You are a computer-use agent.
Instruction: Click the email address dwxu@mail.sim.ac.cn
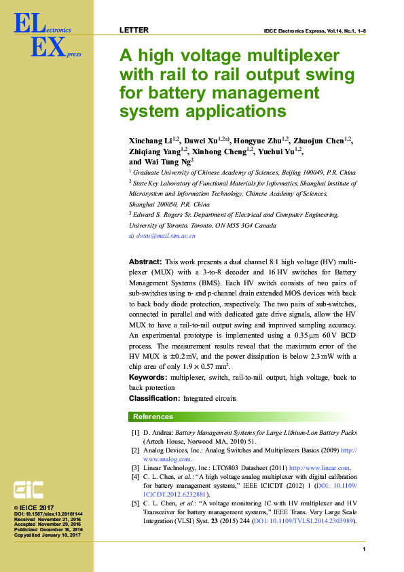(x=166, y=235)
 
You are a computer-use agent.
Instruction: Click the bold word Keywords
(x=149, y=376)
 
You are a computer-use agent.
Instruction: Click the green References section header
(x=153, y=416)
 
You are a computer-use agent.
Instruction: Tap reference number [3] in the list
(x=135, y=467)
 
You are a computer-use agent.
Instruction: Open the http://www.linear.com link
(x=319, y=467)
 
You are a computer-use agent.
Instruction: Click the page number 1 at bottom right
(x=365, y=549)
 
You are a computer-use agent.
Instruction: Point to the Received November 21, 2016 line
(x=48, y=520)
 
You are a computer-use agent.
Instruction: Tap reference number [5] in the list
(x=135, y=503)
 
